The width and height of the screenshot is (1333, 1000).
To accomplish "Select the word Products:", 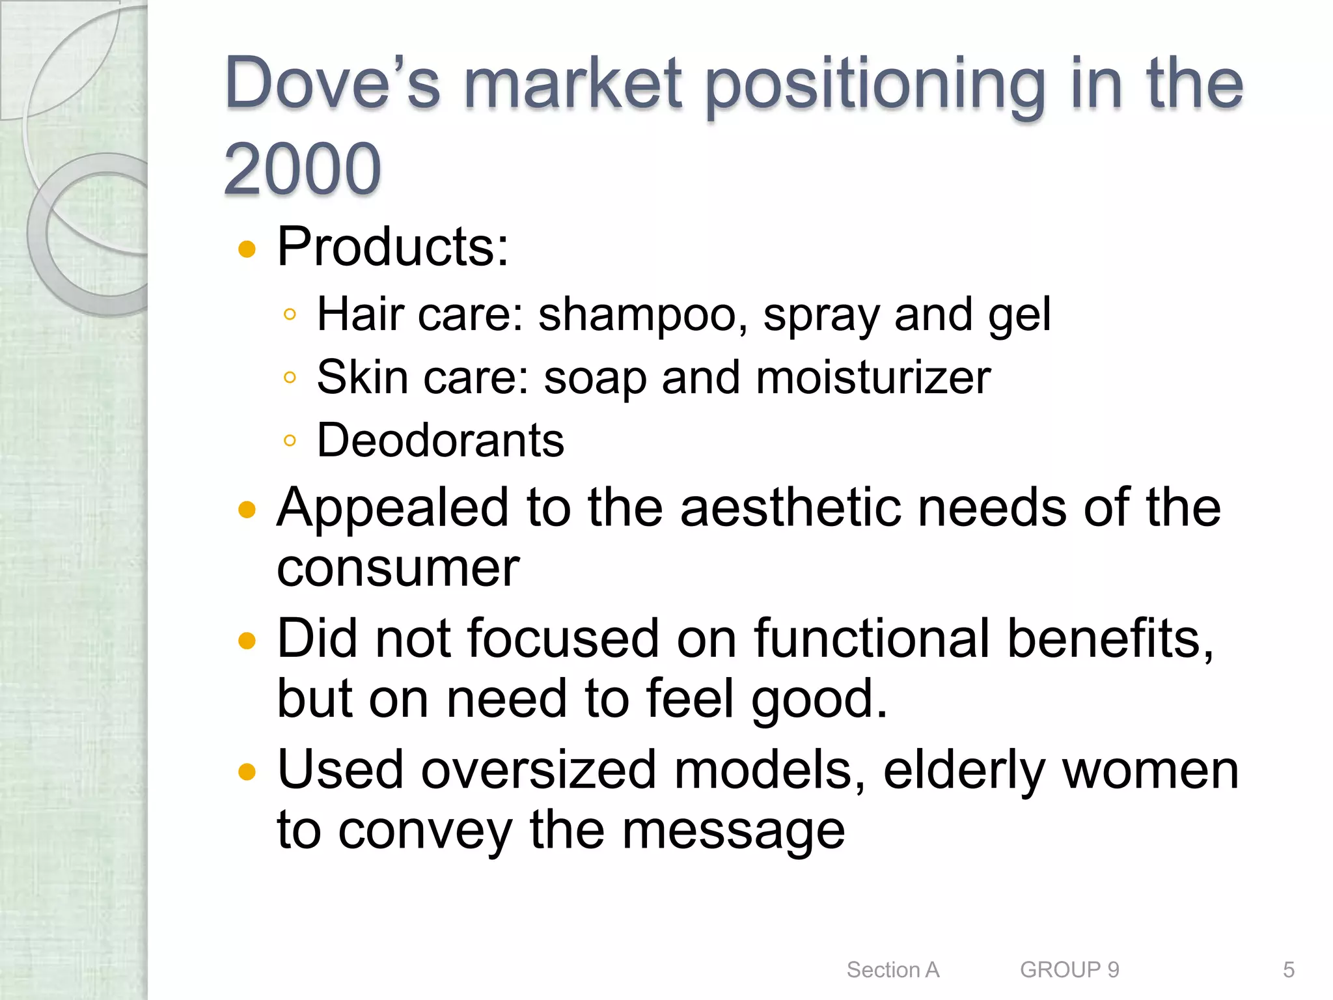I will point(392,247).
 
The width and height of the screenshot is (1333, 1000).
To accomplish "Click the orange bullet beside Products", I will point(247,249).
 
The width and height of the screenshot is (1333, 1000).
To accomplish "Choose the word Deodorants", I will point(440,441).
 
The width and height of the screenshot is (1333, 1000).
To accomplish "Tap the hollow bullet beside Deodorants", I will point(290,441).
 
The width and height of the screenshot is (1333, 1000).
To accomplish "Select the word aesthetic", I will point(790,508).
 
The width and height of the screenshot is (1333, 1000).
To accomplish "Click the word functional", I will point(873,639).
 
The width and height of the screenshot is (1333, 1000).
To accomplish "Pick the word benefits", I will point(1109,639).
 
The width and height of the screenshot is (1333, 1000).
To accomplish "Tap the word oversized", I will point(538,770).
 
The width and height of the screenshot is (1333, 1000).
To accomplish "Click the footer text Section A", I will point(892,970).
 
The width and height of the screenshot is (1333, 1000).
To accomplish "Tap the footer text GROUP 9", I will point(1069,970).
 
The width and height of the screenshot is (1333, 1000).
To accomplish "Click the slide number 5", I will point(1288,970).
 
